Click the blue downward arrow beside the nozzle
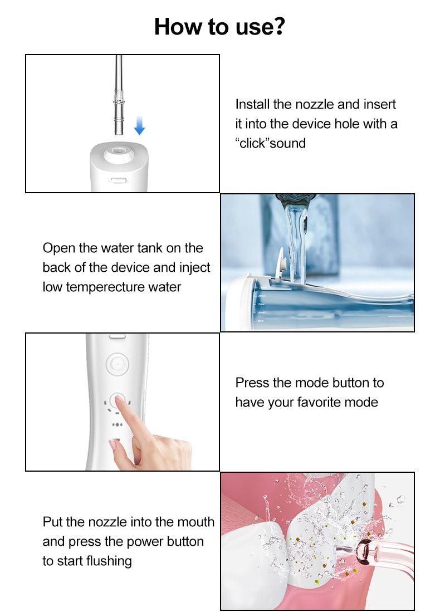tap(139, 126)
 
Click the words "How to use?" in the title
tap(219, 27)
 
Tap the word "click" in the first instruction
tap(252, 143)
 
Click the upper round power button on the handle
tap(117, 364)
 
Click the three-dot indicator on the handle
tap(117, 424)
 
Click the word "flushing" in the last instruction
tap(109, 561)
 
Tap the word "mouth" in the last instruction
tap(197, 522)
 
